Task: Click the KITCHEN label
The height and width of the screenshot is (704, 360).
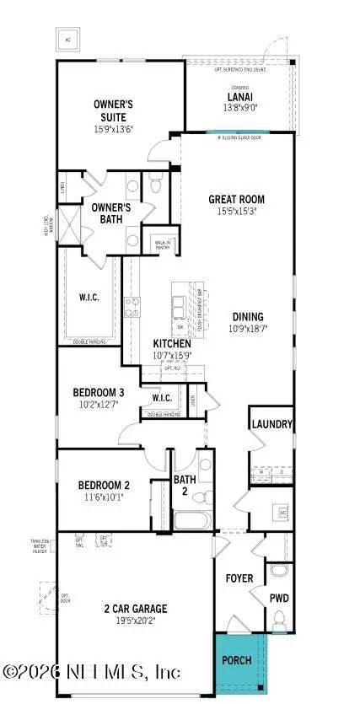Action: click(x=171, y=344)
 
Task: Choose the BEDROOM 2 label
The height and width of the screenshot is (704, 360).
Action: click(x=103, y=485)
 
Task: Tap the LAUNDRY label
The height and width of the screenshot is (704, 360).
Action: click(x=272, y=425)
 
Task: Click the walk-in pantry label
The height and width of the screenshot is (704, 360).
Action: click(x=162, y=244)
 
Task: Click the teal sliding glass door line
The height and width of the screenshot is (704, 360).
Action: click(x=239, y=132)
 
